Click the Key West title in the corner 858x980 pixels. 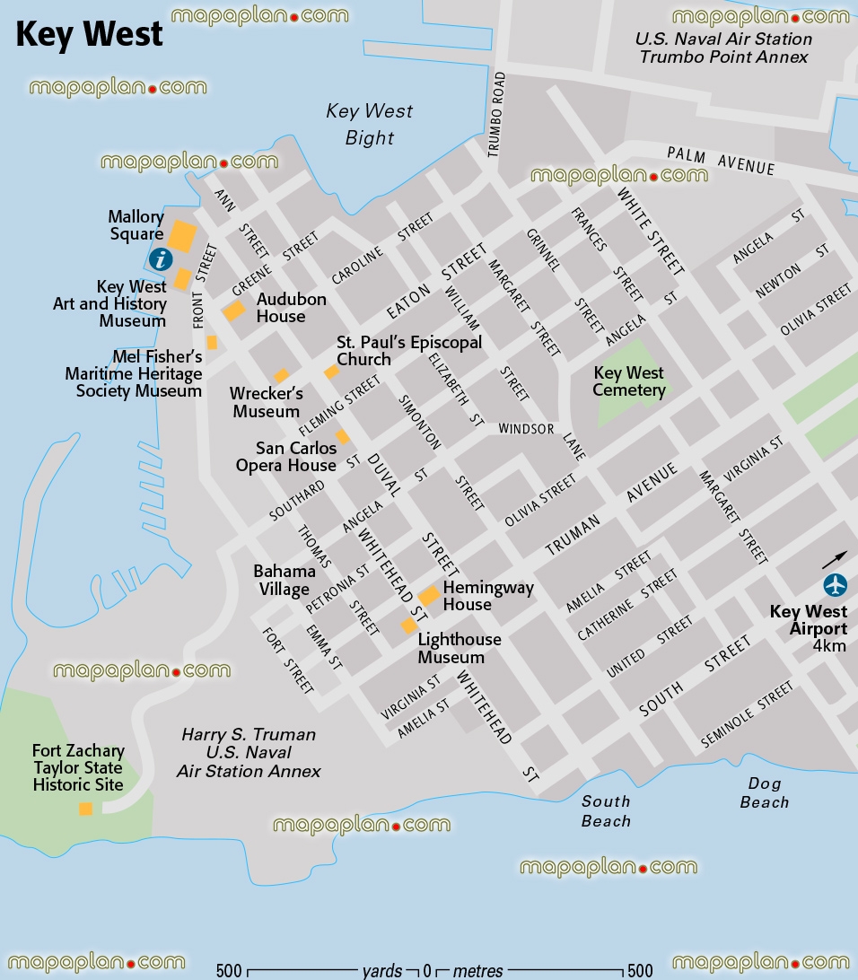point(90,34)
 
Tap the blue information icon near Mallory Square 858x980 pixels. point(161,260)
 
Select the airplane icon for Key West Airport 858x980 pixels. point(836,585)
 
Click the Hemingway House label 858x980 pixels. point(488,596)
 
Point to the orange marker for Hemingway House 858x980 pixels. point(429,596)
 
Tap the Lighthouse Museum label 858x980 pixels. point(460,648)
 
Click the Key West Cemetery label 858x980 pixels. point(629,381)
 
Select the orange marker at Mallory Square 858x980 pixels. point(182,237)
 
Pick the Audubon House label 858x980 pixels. point(291,308)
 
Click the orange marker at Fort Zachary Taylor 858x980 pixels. point(85,809)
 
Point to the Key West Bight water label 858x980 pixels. point(369,124)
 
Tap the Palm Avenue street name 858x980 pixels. point(720,162)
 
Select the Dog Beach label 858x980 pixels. point(764,793)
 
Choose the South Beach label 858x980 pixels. point(606,810)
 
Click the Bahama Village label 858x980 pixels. point(285,580)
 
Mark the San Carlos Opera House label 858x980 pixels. point(285,456)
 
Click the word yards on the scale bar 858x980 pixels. point(381,970)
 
